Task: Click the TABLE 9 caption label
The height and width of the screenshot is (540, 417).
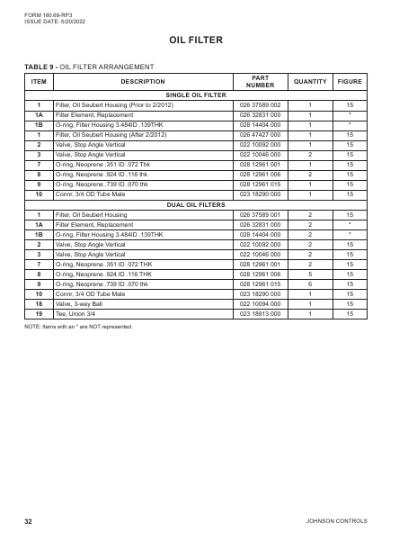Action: point(44,67)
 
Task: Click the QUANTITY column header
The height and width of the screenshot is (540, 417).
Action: point(309,82)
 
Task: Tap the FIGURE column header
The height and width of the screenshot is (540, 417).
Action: point(350,82)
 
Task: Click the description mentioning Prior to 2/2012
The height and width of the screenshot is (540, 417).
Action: point(112,106)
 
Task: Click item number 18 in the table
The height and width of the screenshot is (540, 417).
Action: point(39,305)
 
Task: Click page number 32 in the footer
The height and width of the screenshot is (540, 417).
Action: point(29,520)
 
